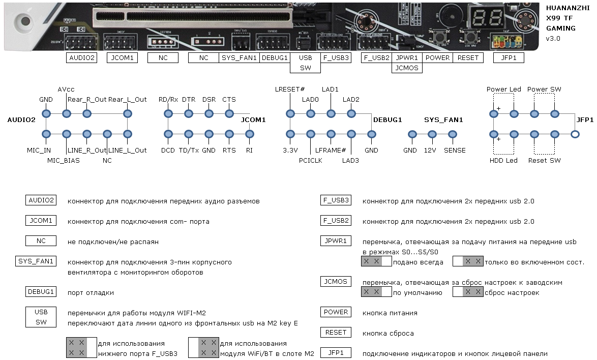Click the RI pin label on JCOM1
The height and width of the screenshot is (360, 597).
click(249, 150)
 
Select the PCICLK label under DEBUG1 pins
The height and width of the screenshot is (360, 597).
click(310, 160)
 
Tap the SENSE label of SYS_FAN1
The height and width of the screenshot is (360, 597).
click(454, 150)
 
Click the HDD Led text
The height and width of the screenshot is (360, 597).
click(503, 160)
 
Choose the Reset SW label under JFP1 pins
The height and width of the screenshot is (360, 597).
click(544, 160)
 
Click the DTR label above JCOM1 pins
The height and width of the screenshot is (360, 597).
click(189, 99)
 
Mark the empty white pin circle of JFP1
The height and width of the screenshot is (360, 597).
click(575, 134)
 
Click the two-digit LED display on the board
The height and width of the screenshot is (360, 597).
click(480, 18)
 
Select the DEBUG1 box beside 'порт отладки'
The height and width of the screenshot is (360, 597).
click(41, 292)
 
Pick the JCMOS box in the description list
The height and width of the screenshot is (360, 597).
click(336, 282)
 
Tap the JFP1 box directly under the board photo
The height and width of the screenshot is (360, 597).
click(509, 57)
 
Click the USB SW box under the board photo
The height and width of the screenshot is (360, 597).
click(305, 63)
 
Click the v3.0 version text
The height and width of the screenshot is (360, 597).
click(553, 38)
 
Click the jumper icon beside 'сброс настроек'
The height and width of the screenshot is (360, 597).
click(468, 292)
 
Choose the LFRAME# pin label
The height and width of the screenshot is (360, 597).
click(331, 150)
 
